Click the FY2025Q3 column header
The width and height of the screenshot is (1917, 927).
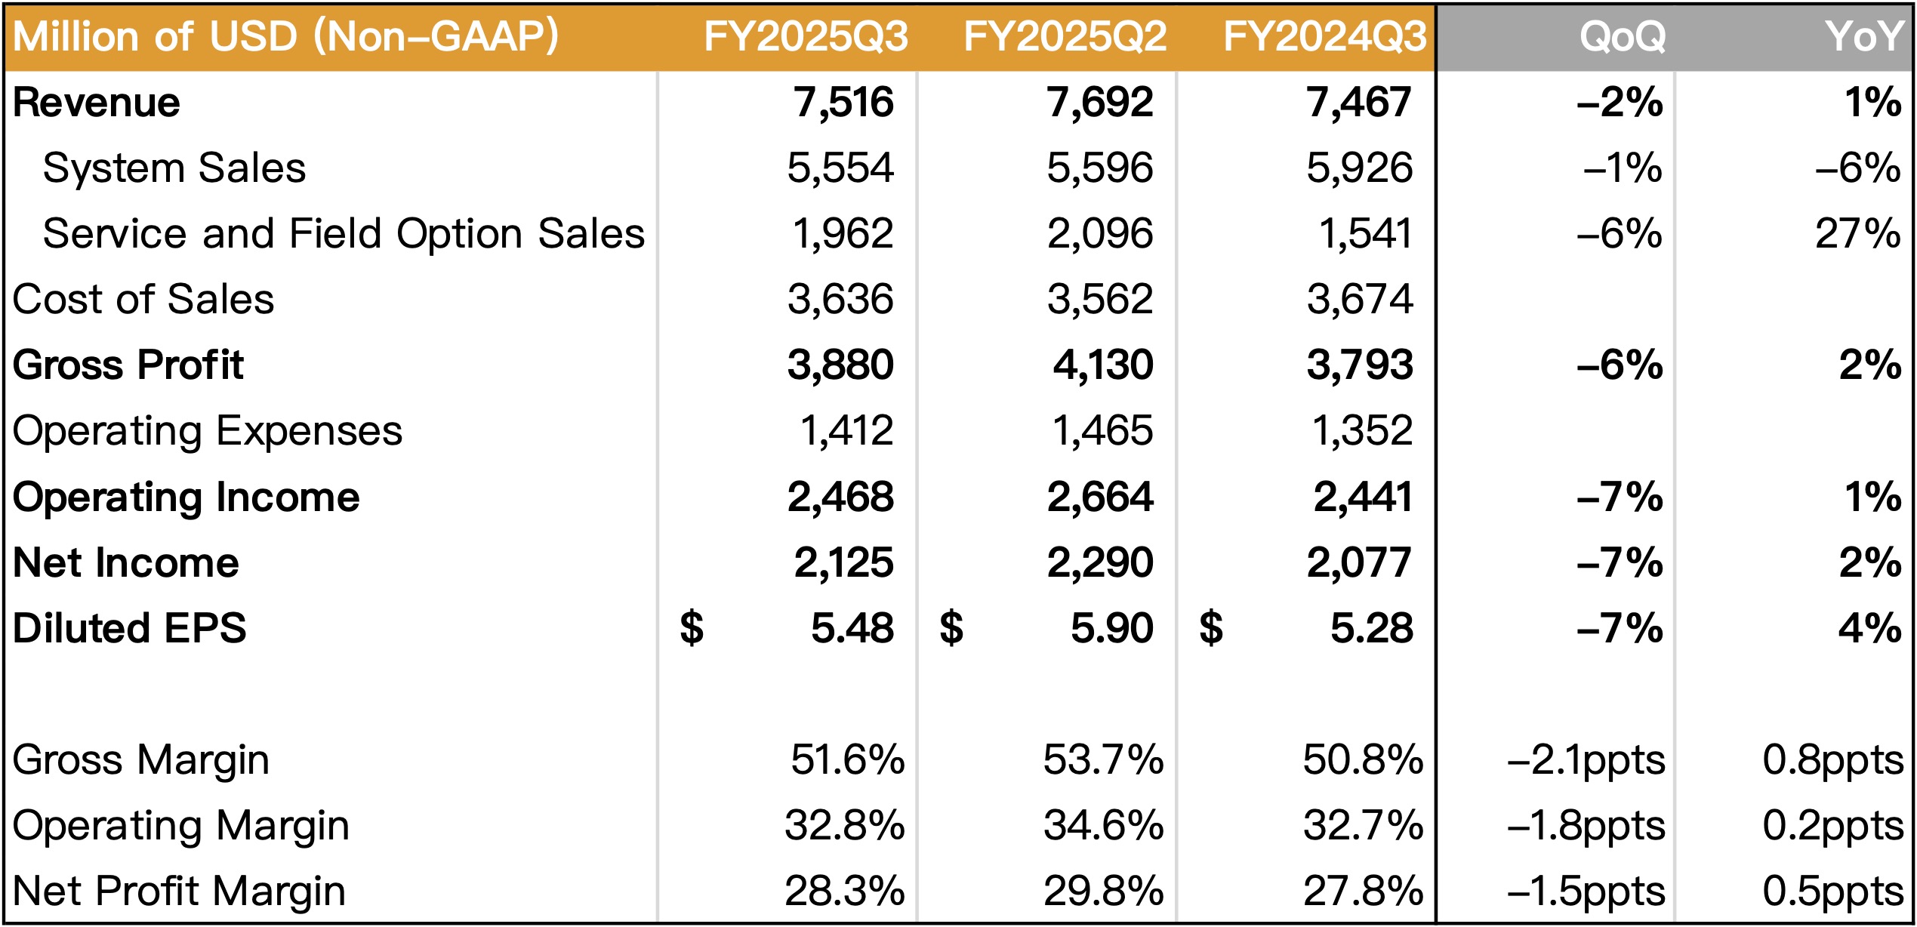[x=805, y=36]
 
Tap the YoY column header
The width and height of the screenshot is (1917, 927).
[x=1863, y=36]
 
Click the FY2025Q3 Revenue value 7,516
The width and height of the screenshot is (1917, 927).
[x=843, y=103]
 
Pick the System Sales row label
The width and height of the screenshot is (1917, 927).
[x=174, y=168]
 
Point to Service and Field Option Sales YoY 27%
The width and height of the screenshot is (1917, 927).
[x=1857, y=234]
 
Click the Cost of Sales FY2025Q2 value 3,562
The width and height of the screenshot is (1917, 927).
[x=1100, y=300]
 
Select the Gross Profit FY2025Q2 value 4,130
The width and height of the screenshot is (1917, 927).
[x=1103, y=365]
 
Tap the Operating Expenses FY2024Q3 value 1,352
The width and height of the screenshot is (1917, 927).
[x=1362, y=431]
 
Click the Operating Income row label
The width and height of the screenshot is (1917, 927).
[x=186, y=497]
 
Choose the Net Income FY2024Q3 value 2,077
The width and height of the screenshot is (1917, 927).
[x=1359, y=563]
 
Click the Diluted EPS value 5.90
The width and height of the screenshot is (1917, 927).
[x=1111, y=629]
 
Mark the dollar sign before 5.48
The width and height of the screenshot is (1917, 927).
[x=692, y=629]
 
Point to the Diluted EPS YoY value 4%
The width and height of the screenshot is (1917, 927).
[x=1869, y=629]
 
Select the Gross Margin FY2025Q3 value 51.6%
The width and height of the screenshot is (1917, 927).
[x=847, y=760]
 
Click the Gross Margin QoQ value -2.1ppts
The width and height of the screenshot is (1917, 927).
[x=1586, y=760]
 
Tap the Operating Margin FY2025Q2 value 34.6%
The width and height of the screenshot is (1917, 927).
[x=1103, y=826]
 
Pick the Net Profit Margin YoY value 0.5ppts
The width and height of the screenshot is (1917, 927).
[x=1832, y=892]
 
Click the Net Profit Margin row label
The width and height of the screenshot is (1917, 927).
[x=180, y=892]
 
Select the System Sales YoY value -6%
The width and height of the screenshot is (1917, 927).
[x=1857, y=168]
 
